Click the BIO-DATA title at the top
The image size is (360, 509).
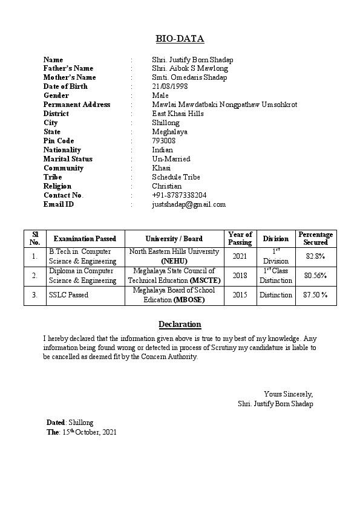point(180,39)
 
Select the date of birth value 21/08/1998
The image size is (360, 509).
point(169,86)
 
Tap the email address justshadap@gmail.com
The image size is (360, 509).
point(189,204)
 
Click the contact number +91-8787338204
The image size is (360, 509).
point(179,195)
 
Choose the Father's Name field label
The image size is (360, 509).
point(68,68)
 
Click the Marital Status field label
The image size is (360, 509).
point(68,159)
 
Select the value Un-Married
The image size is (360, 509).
point(171,159)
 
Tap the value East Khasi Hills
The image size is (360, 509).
point(178,114)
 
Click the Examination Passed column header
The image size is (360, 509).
point(85,239)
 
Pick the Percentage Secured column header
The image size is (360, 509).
point(315,238)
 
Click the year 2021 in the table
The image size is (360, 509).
point(240,256)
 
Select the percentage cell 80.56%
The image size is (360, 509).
point(315,276)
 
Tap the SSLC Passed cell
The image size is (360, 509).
point(68,295)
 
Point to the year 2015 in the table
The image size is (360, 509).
point(240,295)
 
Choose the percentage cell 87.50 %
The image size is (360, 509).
point(315,295)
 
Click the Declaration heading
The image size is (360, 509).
point(180,325)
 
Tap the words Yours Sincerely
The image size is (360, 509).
point(289,394)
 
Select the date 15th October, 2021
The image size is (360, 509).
point(90,432)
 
